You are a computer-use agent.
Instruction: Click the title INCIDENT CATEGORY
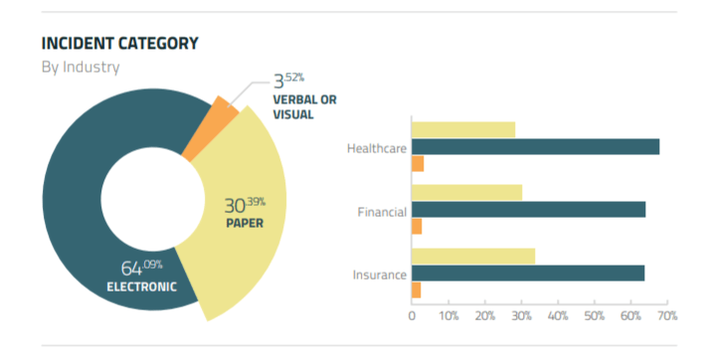[x=119, y=44]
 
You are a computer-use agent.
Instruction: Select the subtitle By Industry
[x=81, y=68]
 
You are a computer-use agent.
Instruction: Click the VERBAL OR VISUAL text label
[x=306, y=106]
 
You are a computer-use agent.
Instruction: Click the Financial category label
[x=382, y=211]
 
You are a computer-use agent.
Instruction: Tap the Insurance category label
[x=380, y=273]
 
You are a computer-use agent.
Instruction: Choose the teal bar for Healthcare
[x=535, y=147]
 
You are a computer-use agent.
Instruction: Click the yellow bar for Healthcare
[x=463, y=129]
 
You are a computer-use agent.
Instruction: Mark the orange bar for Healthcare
[x=418, y=164]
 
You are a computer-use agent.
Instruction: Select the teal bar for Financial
[x=528, y=210]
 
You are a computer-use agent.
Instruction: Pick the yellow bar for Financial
[x=466, y=192]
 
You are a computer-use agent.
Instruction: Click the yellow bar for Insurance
[x=473, y=256]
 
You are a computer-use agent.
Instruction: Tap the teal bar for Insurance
[x=528, y=272]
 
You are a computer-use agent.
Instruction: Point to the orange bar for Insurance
[x=417, y=290]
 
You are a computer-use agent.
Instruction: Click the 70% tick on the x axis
[x=666, y=315]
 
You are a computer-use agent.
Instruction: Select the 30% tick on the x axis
[x=521, y=315]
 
